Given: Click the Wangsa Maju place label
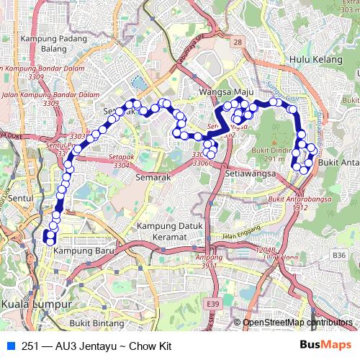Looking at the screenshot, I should click(x=222, y=93).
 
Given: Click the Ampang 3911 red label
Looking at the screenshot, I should click(x=210, y=261).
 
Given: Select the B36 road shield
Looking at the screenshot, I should click(x=339, y=255).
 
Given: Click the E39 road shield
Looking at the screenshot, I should click(x=212, y=305).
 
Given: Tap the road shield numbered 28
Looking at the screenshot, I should click(x=238, y=43).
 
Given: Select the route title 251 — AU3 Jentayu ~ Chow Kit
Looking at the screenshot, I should click(x=96, y=346).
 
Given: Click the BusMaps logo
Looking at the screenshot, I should click(x=326, y=345).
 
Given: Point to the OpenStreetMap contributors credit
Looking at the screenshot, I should click(x=297, y=323).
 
